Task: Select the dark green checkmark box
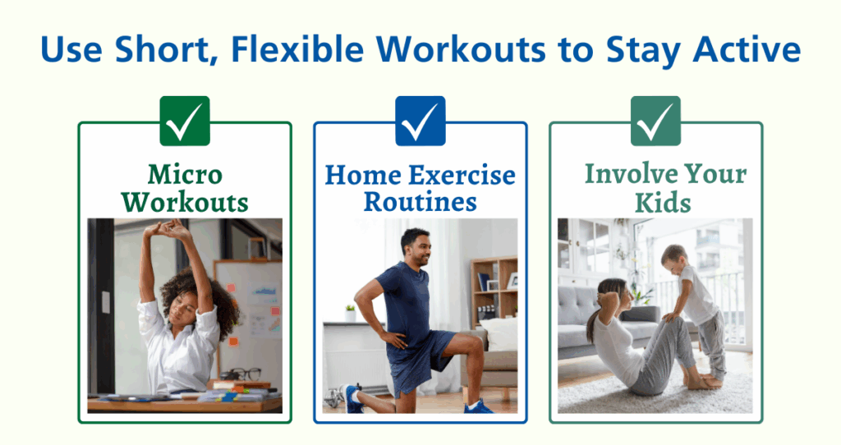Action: tap(185, 121)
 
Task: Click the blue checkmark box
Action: tap(420, 121)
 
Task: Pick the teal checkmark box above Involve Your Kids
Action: tap(655, 121)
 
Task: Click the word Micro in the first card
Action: tap(185, 175)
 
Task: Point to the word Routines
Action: tap(420, 201)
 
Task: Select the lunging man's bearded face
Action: tap(416, 247)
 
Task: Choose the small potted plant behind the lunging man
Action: tap(351, 313)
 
